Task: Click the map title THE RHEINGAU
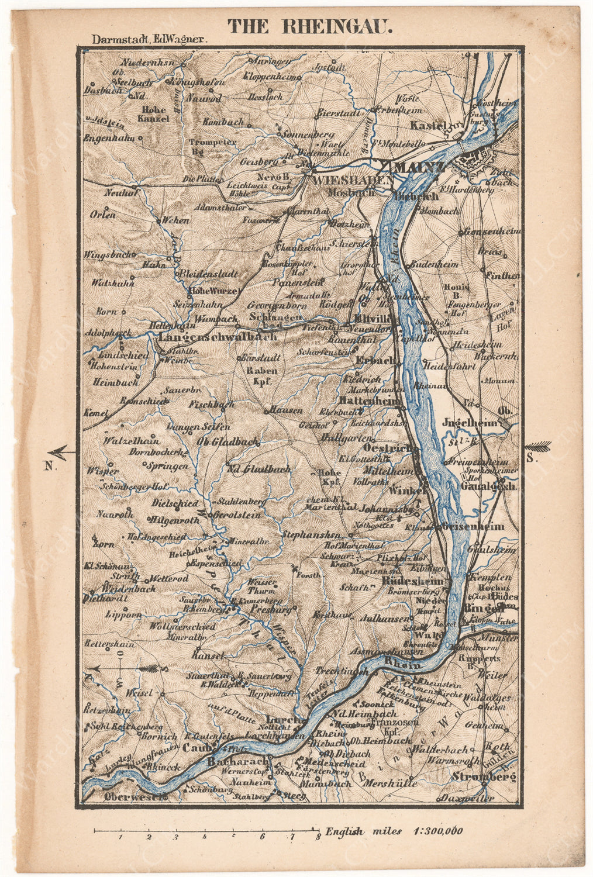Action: [x=310, y=26]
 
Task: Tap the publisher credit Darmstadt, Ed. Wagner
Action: [x=150, y=40]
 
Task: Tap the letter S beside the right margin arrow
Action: [x=530, y=458]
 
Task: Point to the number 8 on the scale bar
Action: [x=318, y=837]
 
